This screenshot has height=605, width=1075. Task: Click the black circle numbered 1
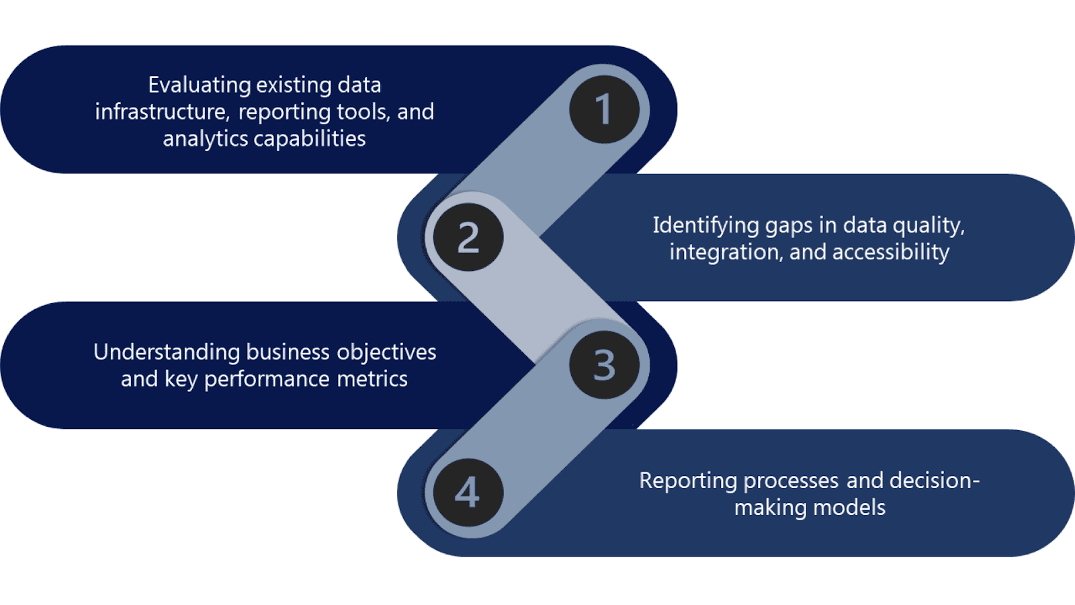coord(604,109)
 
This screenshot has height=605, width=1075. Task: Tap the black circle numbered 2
coord(468,237)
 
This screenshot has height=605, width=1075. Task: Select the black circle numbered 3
coord(604,365)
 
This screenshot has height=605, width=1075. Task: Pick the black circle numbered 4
coord(468,493)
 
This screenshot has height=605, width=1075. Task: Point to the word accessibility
coord(890,252)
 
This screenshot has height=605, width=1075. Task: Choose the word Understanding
coord(167,352)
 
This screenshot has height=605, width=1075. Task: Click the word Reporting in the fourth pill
coord(688,481)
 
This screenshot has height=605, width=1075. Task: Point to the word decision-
coord(935,481)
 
